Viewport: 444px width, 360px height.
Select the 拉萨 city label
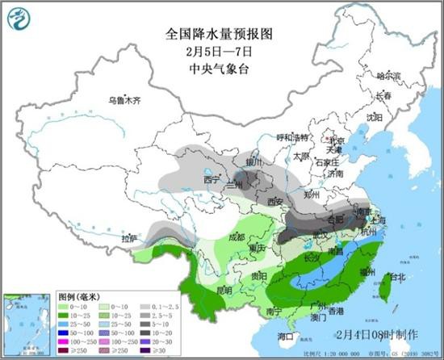129,239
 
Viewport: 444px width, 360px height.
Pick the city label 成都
235,237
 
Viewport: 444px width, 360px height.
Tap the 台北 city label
397,277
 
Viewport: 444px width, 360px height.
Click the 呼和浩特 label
292,137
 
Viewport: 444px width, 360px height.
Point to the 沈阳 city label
374,117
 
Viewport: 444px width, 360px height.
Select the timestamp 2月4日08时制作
374,333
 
